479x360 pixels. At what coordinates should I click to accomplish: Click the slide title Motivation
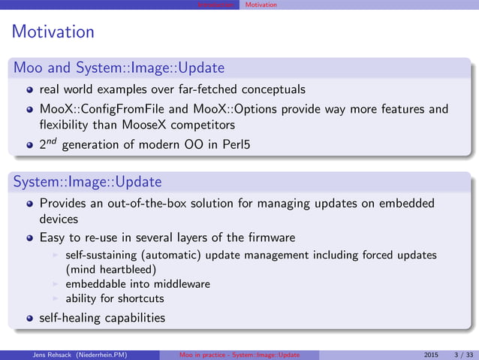53,32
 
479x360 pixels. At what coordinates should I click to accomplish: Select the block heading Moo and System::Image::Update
119,68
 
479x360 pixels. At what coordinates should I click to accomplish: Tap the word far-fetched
209,89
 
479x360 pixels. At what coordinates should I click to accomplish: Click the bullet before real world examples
29,90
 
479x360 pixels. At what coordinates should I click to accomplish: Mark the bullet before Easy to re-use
29,238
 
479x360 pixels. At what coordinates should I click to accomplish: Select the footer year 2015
431,355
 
